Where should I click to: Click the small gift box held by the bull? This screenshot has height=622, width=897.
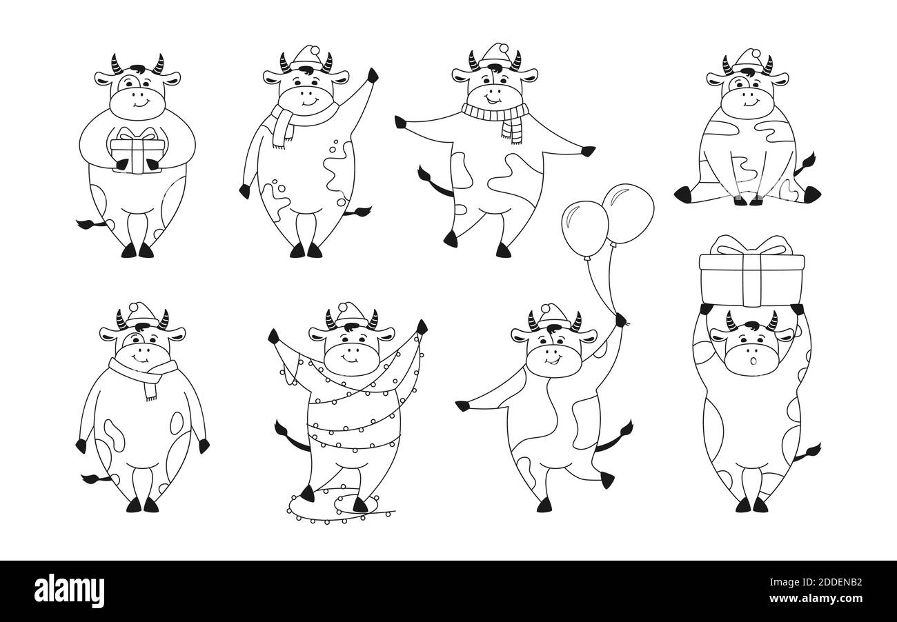pyautogui.click(x=137, y=150)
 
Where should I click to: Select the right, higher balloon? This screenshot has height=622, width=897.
pyautogui.click(x=628, y=213)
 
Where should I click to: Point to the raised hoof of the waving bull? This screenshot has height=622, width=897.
pyautogui.click(x=373, y=75)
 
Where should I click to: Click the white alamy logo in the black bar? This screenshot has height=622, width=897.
pyautogui.click(x=69, y=591)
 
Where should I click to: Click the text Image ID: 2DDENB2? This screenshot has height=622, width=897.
pyautogui.click(x=816, y=582)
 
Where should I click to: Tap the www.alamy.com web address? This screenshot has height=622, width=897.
pyautogui.click(x=816, y=599)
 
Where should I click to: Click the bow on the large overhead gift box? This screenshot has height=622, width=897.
pyautogui.click(x=751, y=245)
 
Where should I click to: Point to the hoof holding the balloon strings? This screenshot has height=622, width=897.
pyautogui.click(x=621, y=320)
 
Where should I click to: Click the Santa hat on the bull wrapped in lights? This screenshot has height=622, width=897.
pyautogui.click(x=351, y=314)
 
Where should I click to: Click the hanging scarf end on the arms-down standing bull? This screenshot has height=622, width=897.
pyautogui.click(x=151, y=388)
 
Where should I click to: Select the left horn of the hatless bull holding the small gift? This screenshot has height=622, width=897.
pyautogui.click(x=117, y=65)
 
